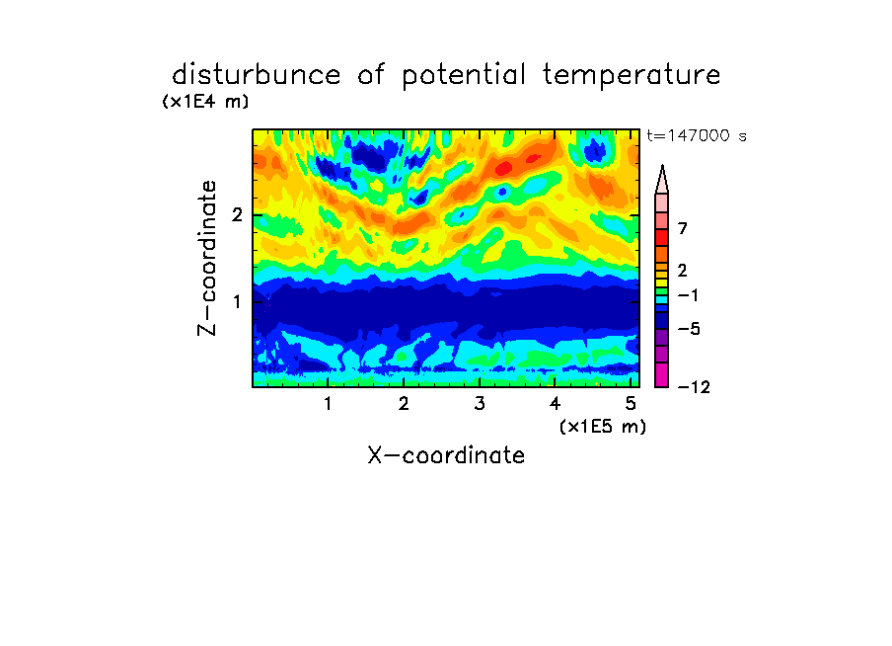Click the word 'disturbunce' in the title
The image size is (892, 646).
click(257, 75)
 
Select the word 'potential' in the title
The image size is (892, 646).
click(463, 76)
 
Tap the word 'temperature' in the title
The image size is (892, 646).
click(632, 76)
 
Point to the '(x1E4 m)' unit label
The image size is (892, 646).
click(205, 102)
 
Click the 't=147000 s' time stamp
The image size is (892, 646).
click(697, 135)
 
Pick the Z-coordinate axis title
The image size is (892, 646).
click(207, 258)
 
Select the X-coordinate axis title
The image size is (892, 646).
click(446, 455)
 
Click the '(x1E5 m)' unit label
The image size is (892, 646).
click(603, 427)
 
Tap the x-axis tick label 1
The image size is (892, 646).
click(328, 404)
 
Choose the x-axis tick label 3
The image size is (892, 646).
click(480, 404)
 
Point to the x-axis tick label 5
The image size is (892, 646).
click(631, 404)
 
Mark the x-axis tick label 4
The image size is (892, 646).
click(555, 404)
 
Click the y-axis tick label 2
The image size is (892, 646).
click(237, 214)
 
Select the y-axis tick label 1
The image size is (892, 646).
click(237, 301)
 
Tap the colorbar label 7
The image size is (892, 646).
click(683, 228)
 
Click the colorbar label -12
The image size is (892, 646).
click(694, 387)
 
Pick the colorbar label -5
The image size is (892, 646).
click(689, 329)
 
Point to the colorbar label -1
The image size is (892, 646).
click(688, 295)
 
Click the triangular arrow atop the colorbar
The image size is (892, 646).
click(662, 179)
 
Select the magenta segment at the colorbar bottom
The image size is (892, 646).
click(662, 374)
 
